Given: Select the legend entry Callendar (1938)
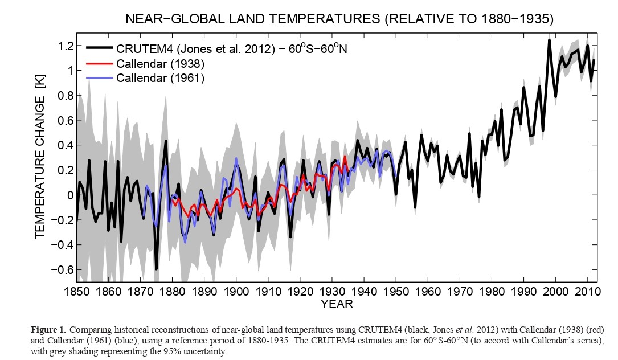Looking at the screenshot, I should point(161,63).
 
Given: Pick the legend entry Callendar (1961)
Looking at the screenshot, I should point(161,77).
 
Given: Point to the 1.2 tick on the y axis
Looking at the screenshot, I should point(66,46).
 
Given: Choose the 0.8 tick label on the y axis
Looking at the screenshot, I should point(66,96).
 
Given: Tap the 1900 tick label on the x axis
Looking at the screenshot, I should point(236,290).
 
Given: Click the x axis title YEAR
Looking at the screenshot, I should point(337,304).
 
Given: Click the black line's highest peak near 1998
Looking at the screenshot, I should point(549,40).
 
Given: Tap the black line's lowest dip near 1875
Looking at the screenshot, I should point(156,268).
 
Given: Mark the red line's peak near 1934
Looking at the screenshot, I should point(345,156).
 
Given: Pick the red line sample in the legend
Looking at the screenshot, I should point(101,63).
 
